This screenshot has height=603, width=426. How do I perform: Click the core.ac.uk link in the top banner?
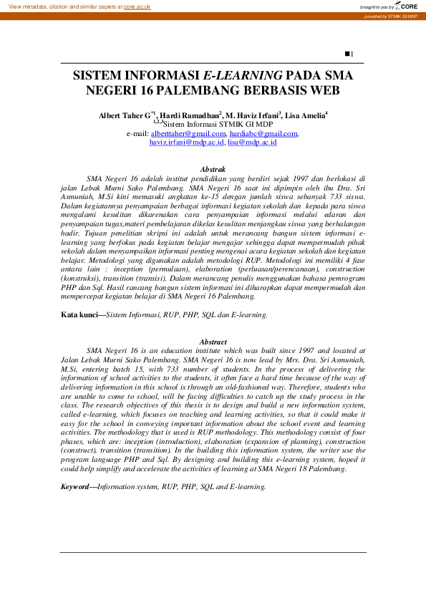[137, 6]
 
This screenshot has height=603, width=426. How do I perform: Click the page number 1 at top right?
[350, 54]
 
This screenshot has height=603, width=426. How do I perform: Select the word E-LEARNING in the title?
[243, 74]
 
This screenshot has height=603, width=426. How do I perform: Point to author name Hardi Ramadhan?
[190, 115]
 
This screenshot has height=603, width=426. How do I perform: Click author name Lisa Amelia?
[306, 115]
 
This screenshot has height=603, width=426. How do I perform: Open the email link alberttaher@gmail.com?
[188, 133]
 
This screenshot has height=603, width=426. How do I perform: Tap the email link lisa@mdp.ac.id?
[252, 143]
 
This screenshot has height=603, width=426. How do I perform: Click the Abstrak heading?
[213, 168]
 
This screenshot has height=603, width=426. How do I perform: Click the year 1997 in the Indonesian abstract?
[284, 177]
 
